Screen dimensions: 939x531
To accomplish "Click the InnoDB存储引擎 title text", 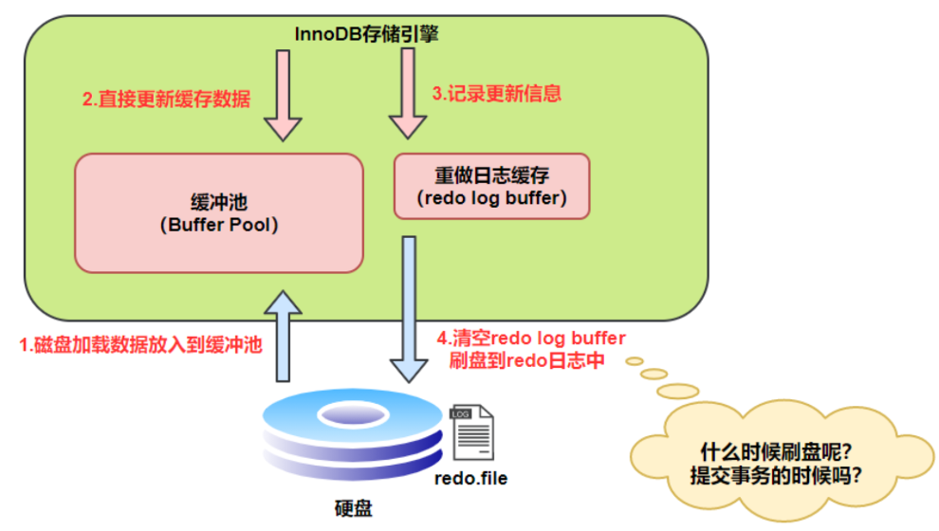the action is pyautogui.click(x=366, y=34).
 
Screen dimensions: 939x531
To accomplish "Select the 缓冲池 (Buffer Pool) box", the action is pyautogui.click(x=219, y=213).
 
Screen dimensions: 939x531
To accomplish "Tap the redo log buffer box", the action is pyautogui.click(x=491, y=186).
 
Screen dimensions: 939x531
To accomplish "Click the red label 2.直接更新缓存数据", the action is pyautogui.click(x=167, y=99).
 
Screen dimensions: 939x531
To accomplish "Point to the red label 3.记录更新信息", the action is pyautogui.click(x=497, y=93).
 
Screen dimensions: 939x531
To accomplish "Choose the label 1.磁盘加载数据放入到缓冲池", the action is pyautogui.click(x=140, y=345).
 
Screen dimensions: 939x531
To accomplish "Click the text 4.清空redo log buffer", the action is pyautogui.click(x=531, y=339).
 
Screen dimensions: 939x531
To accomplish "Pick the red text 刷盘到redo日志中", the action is pyautogui.click(x=527, y=360).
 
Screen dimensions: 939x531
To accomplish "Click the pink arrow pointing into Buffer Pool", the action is pyautogui.click(x=283, y=96).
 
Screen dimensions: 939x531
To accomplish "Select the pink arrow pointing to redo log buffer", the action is pyautogui.click(x=408, y=94).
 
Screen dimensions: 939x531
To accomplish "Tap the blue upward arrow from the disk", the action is pyautogui.click(x=283, y=337).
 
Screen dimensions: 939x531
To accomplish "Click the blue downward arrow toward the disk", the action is pyautogui.click(x=409, y=309).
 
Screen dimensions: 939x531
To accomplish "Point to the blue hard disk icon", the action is pyautogui.click(x=353, y=435).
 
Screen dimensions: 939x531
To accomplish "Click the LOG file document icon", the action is pyautogui.click(x=472, y=432).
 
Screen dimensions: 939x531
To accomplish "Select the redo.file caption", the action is pyautogui.click(x=471, y=478).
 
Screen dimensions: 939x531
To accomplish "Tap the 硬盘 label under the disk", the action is pyautogui.click(x=354, y=508).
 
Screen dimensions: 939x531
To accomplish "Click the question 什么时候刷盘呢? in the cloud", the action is pyautogui.click(x=776, y=452).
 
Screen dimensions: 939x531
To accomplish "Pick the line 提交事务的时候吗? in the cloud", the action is pyautogui.click(x=776, y=475).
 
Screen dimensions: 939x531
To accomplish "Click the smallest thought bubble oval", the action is pyautogui.click(x=635, y=361).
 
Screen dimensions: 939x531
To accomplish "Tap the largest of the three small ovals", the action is pyautogui.click(x=678, y=392).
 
